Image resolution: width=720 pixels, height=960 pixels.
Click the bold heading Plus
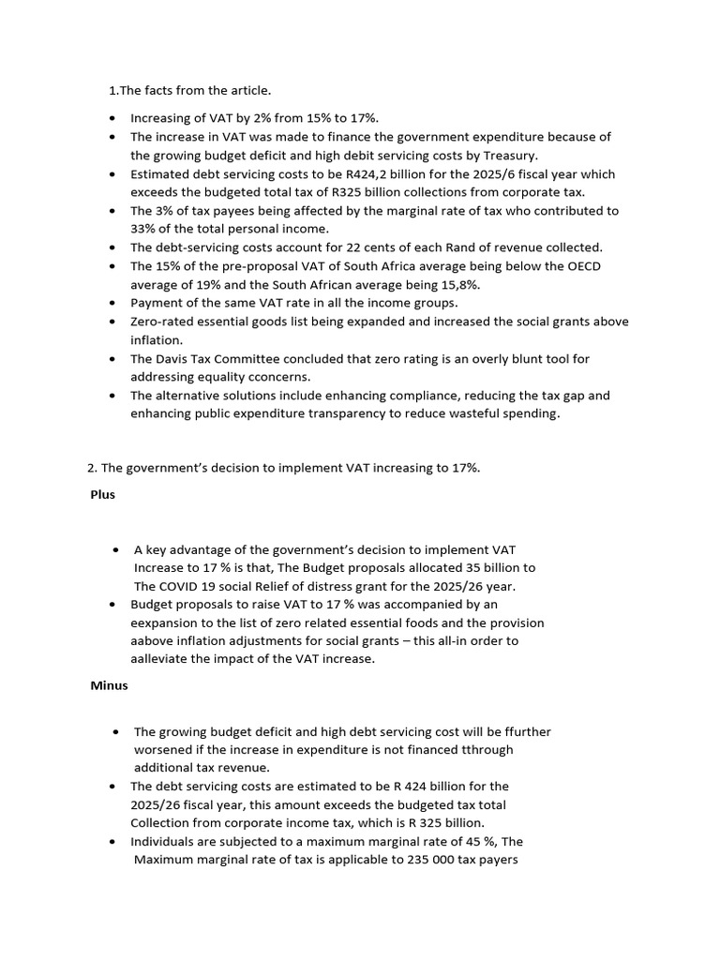tap(103, 494)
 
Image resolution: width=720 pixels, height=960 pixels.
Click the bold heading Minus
tap(109, 685)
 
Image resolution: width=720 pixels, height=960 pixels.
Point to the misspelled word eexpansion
tap(165, 622)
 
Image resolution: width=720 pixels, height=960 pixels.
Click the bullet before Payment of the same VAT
tap(112, 304)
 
